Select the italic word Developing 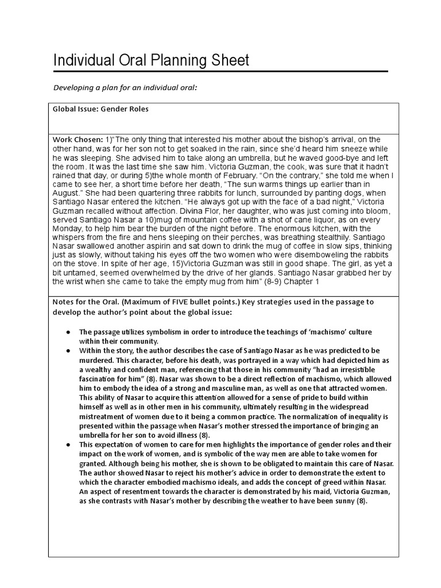coord(75,87)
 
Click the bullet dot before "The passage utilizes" coord(68,332)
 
